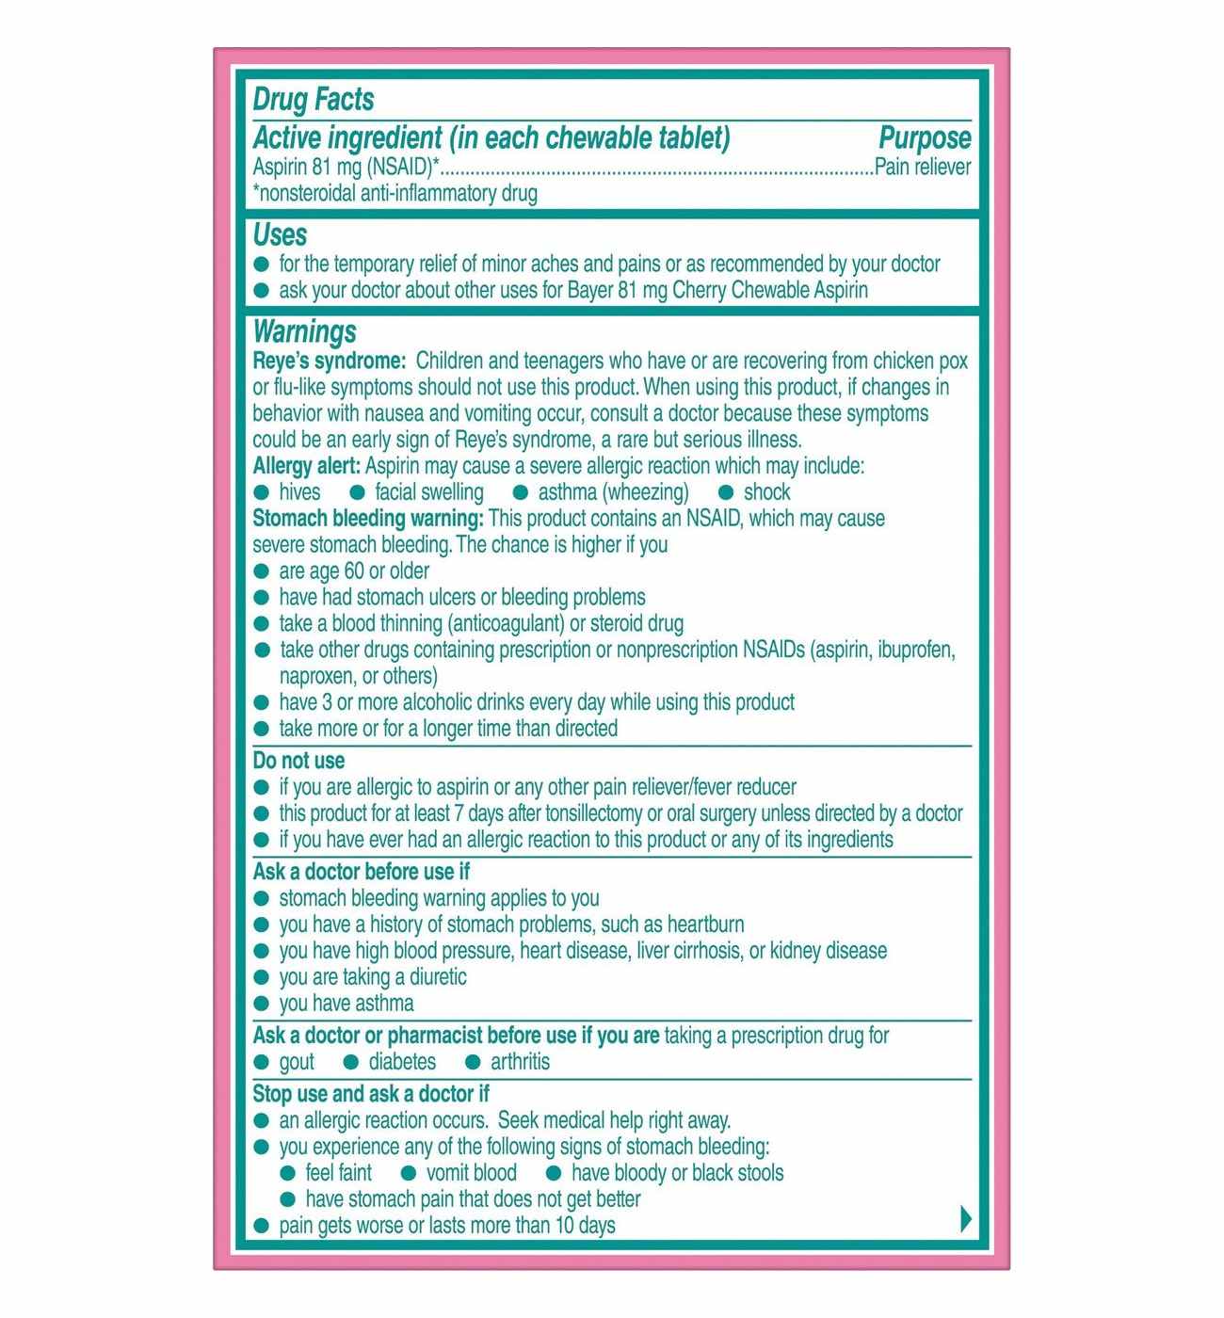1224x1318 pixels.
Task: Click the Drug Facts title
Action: (314, 100)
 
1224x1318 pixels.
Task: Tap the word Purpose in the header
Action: (924, 138)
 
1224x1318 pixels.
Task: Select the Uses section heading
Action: (280, 234)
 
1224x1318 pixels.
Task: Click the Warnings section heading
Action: (304, 331)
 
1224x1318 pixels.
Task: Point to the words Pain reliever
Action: (923, 168)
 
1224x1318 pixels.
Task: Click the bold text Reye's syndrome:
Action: (329, 362)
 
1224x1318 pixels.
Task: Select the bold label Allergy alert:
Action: (306, 466)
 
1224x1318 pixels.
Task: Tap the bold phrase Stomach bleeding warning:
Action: (368, 519)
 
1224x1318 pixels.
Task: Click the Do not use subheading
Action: (298, 761)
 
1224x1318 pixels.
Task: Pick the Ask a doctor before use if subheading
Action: (361, 872)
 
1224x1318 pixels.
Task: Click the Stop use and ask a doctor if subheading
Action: (371, 1094)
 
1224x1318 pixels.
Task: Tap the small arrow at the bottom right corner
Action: (965, 1219)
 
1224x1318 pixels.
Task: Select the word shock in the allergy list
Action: (766, 492)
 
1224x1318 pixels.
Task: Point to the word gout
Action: (297, 1062)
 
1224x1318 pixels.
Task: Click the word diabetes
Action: (402, 1062)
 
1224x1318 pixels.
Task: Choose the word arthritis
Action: (520, 1062)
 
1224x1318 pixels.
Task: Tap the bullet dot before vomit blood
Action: (409, 1173)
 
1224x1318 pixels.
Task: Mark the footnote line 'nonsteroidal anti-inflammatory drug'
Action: (395, 194)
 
